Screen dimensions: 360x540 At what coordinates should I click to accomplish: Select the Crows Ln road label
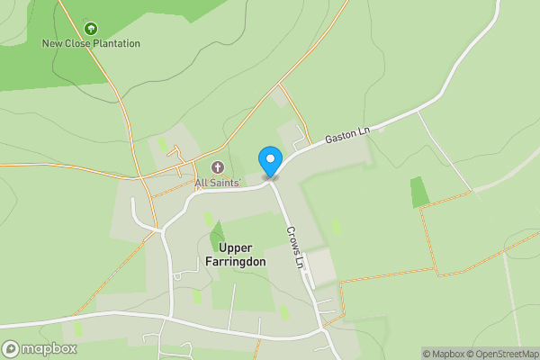[295, 247]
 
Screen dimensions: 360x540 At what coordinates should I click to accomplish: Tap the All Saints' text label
[218, 183]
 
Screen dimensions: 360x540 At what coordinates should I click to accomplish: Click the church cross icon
[217, 167]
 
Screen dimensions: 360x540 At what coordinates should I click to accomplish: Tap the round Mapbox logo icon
[11, 349]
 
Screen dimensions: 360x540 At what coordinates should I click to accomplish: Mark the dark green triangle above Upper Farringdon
[217, 237]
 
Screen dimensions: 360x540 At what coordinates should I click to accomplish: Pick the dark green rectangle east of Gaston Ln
[419, 192]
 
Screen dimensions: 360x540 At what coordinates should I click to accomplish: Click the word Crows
[292, 240]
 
